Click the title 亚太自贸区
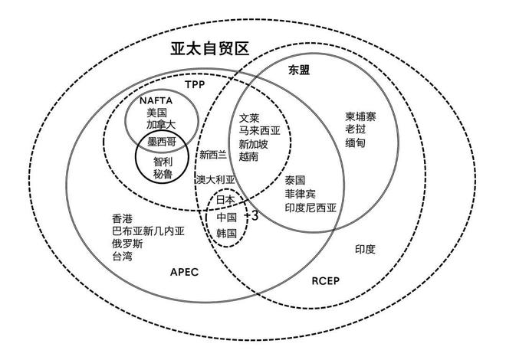(210, 49)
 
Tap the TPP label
(195, 85)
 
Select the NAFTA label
(156, 101)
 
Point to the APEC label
(184, 272)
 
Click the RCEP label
(326, 281)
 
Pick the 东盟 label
(299, 70)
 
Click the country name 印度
(365, 249)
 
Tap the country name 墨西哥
(162, 142)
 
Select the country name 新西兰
(213, 155)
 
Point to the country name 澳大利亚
(215, 179)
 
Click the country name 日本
(226, 199)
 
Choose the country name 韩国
(226, 233)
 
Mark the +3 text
(251, 216)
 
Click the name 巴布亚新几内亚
(149, 231)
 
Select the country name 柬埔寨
(360, 116)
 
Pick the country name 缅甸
(355, 142)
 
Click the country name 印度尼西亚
(310, 208)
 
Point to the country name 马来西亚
(260, 131)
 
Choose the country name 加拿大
(161, 125)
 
